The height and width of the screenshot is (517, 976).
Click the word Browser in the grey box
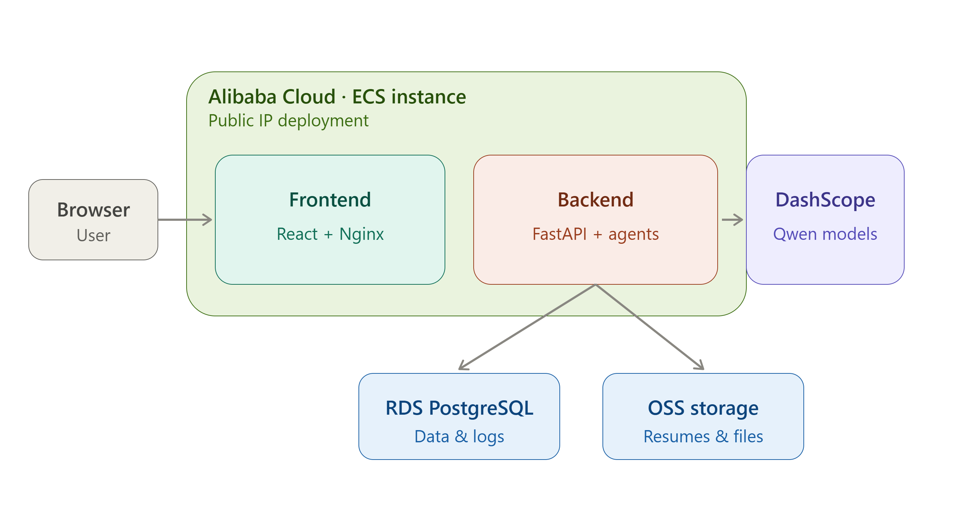coord(93,210)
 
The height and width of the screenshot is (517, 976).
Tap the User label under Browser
coord(93,236)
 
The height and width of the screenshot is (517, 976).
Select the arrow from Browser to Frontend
coord(185,219)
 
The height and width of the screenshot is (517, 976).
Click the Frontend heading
coord(330,200)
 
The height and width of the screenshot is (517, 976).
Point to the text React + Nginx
coord(330,234)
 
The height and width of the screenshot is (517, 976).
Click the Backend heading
coord(595,200)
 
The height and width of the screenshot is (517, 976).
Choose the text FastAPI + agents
coord(595,234)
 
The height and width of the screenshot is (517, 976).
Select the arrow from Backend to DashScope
coord(732,219)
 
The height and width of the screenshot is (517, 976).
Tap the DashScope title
coord(825,200)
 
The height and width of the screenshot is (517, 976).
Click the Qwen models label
coord(825,234)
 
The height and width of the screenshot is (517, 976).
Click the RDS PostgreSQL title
coord(459,408)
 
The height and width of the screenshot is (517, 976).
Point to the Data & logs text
coord(459,436)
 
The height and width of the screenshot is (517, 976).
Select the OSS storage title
coord(703,408)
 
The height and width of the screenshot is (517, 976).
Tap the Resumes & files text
coord(703,436)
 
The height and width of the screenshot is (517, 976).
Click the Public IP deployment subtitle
coord(288,121)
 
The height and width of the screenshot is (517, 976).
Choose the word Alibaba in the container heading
coord(243,97)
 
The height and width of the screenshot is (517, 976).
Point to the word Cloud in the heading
coord(309,97)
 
